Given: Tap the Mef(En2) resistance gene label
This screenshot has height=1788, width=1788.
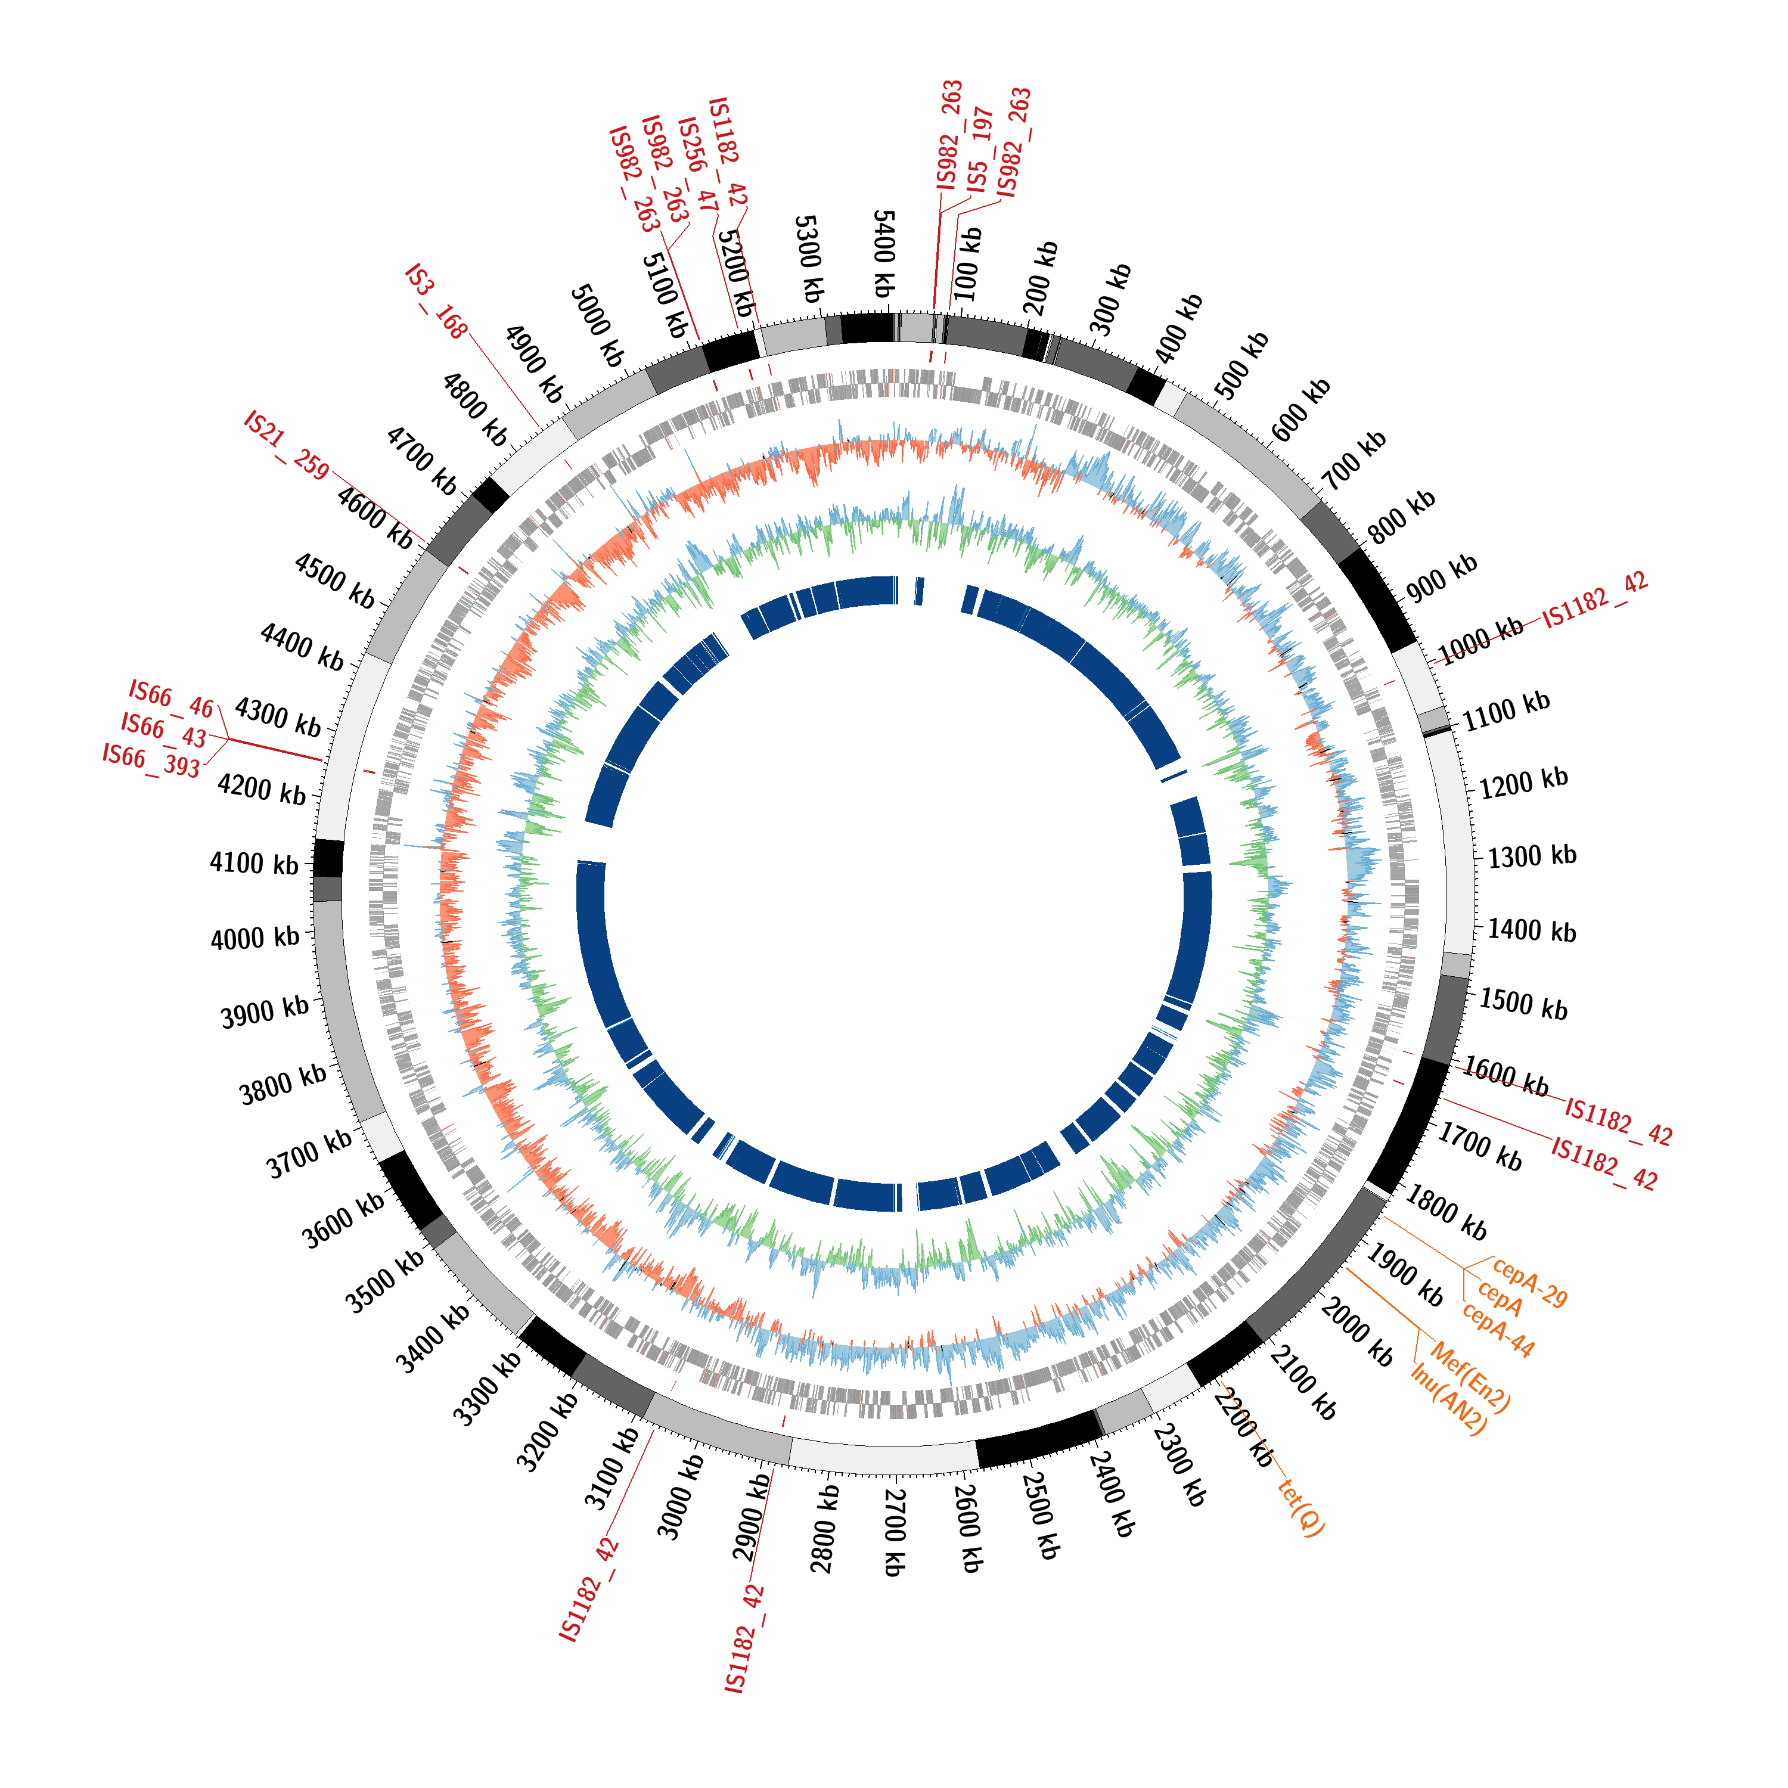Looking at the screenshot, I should (x=1472, y=1380).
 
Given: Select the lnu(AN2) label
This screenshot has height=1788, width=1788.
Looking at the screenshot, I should (x=1449, y=1399).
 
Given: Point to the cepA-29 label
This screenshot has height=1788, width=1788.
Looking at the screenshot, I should (x=1530, y=1283).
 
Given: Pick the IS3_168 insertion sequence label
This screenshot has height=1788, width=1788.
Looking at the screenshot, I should (x=436, y=302).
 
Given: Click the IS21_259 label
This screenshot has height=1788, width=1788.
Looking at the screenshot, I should (x=286, y=446).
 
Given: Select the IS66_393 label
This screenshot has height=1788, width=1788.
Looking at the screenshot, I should (x=151, y=760).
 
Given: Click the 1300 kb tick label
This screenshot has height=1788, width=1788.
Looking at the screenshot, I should (x=1532, y=855).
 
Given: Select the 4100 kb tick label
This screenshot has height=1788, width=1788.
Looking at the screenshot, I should (x=254, y=864).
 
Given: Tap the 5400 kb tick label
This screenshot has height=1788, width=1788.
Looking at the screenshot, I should (x=884, y=254).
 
